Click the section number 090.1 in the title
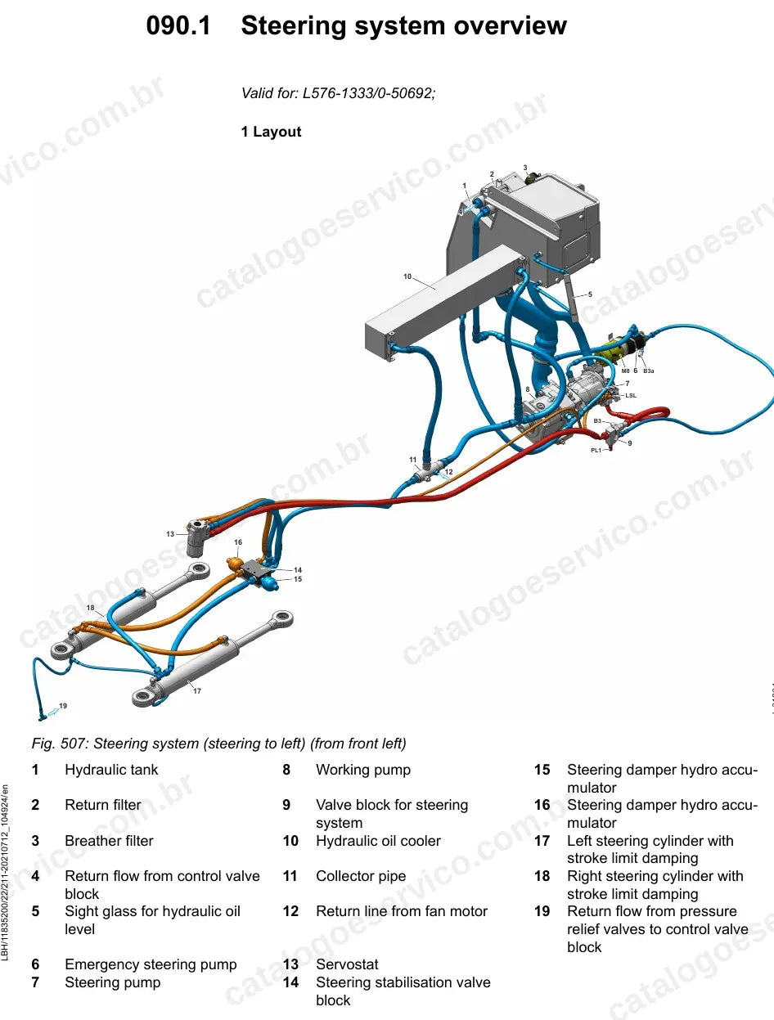(178, 25)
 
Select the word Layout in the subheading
(277, 132)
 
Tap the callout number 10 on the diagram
(407, 276)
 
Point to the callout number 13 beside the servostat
(170, 534)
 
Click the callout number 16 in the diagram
(238, 541)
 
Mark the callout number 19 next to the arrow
(63, 705)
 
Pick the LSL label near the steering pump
(631, 395)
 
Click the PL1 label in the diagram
(596, 450)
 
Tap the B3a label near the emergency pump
(649, 371)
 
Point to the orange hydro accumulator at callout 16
(233, 564)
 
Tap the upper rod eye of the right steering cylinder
(199, 570)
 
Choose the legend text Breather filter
(110, 840)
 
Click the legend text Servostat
(347, 964)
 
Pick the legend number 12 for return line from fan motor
(290, 910)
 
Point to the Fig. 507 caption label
(60, 744)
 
